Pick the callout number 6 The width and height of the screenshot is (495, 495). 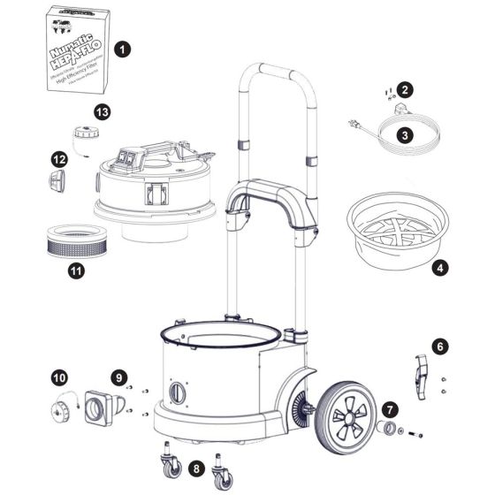point(442,346)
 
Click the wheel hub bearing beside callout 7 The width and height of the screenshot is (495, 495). point(386,429)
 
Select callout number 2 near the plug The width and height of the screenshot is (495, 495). point(405,89)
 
